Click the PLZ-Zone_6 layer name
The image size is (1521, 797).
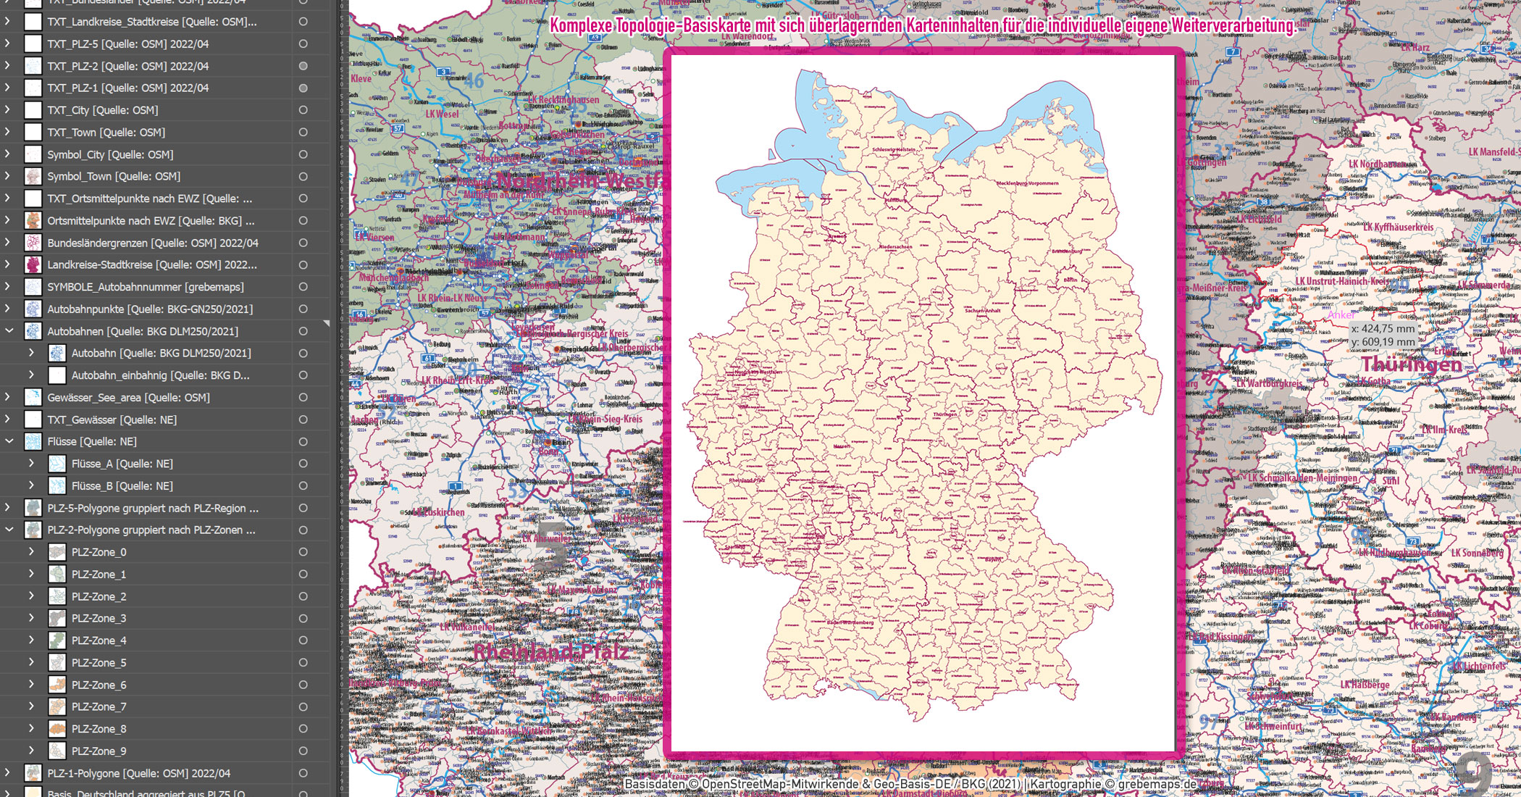point(99,685)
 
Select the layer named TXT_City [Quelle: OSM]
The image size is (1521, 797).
point(102,110)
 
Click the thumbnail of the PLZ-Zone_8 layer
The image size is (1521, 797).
point(57,729)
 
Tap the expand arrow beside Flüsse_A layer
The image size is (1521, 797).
point(31,463)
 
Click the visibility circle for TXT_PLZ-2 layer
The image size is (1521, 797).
point(303,66)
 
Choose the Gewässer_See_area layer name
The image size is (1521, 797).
point(128,397)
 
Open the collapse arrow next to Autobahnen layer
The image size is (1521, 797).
point(9,331)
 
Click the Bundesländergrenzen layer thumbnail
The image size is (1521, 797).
point(33,243)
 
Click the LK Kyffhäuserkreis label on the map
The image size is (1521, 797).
point(1398,228)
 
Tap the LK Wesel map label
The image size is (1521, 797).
point(442,114)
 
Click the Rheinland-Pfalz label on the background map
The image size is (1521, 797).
point(550,652)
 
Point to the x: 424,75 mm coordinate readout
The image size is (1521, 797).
point(1383,328)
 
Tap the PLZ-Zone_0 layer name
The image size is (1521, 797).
point(99,552)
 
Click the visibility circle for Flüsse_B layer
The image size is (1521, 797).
point(303,485)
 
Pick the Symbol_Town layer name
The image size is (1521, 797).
point(114,176)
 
